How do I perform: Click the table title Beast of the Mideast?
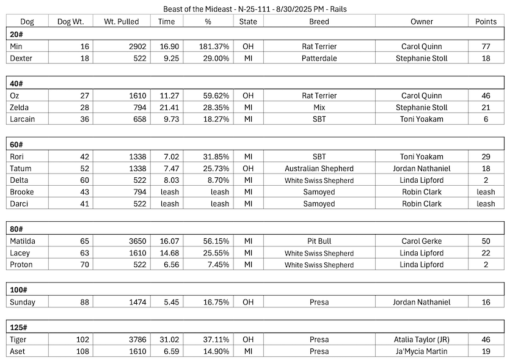[x=253, y=9]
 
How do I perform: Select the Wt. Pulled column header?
[x=122, y=21]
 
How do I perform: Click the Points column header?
[x=486, y=21]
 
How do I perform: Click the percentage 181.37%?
[x=214, y=46]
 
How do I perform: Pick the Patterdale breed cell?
[x=319, y=58]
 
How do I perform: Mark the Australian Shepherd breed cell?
[x=319, y=168]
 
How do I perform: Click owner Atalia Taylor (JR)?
[x=422, y=339]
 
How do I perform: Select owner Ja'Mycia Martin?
[x=422, y=351]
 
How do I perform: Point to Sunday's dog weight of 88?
[x=83, y=302]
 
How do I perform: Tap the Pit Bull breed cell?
[x=319, y=241]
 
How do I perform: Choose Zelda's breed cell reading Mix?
[x=319, y=107]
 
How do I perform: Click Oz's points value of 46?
[x=486, y=95]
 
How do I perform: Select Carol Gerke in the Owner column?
[x=422, y=241]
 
